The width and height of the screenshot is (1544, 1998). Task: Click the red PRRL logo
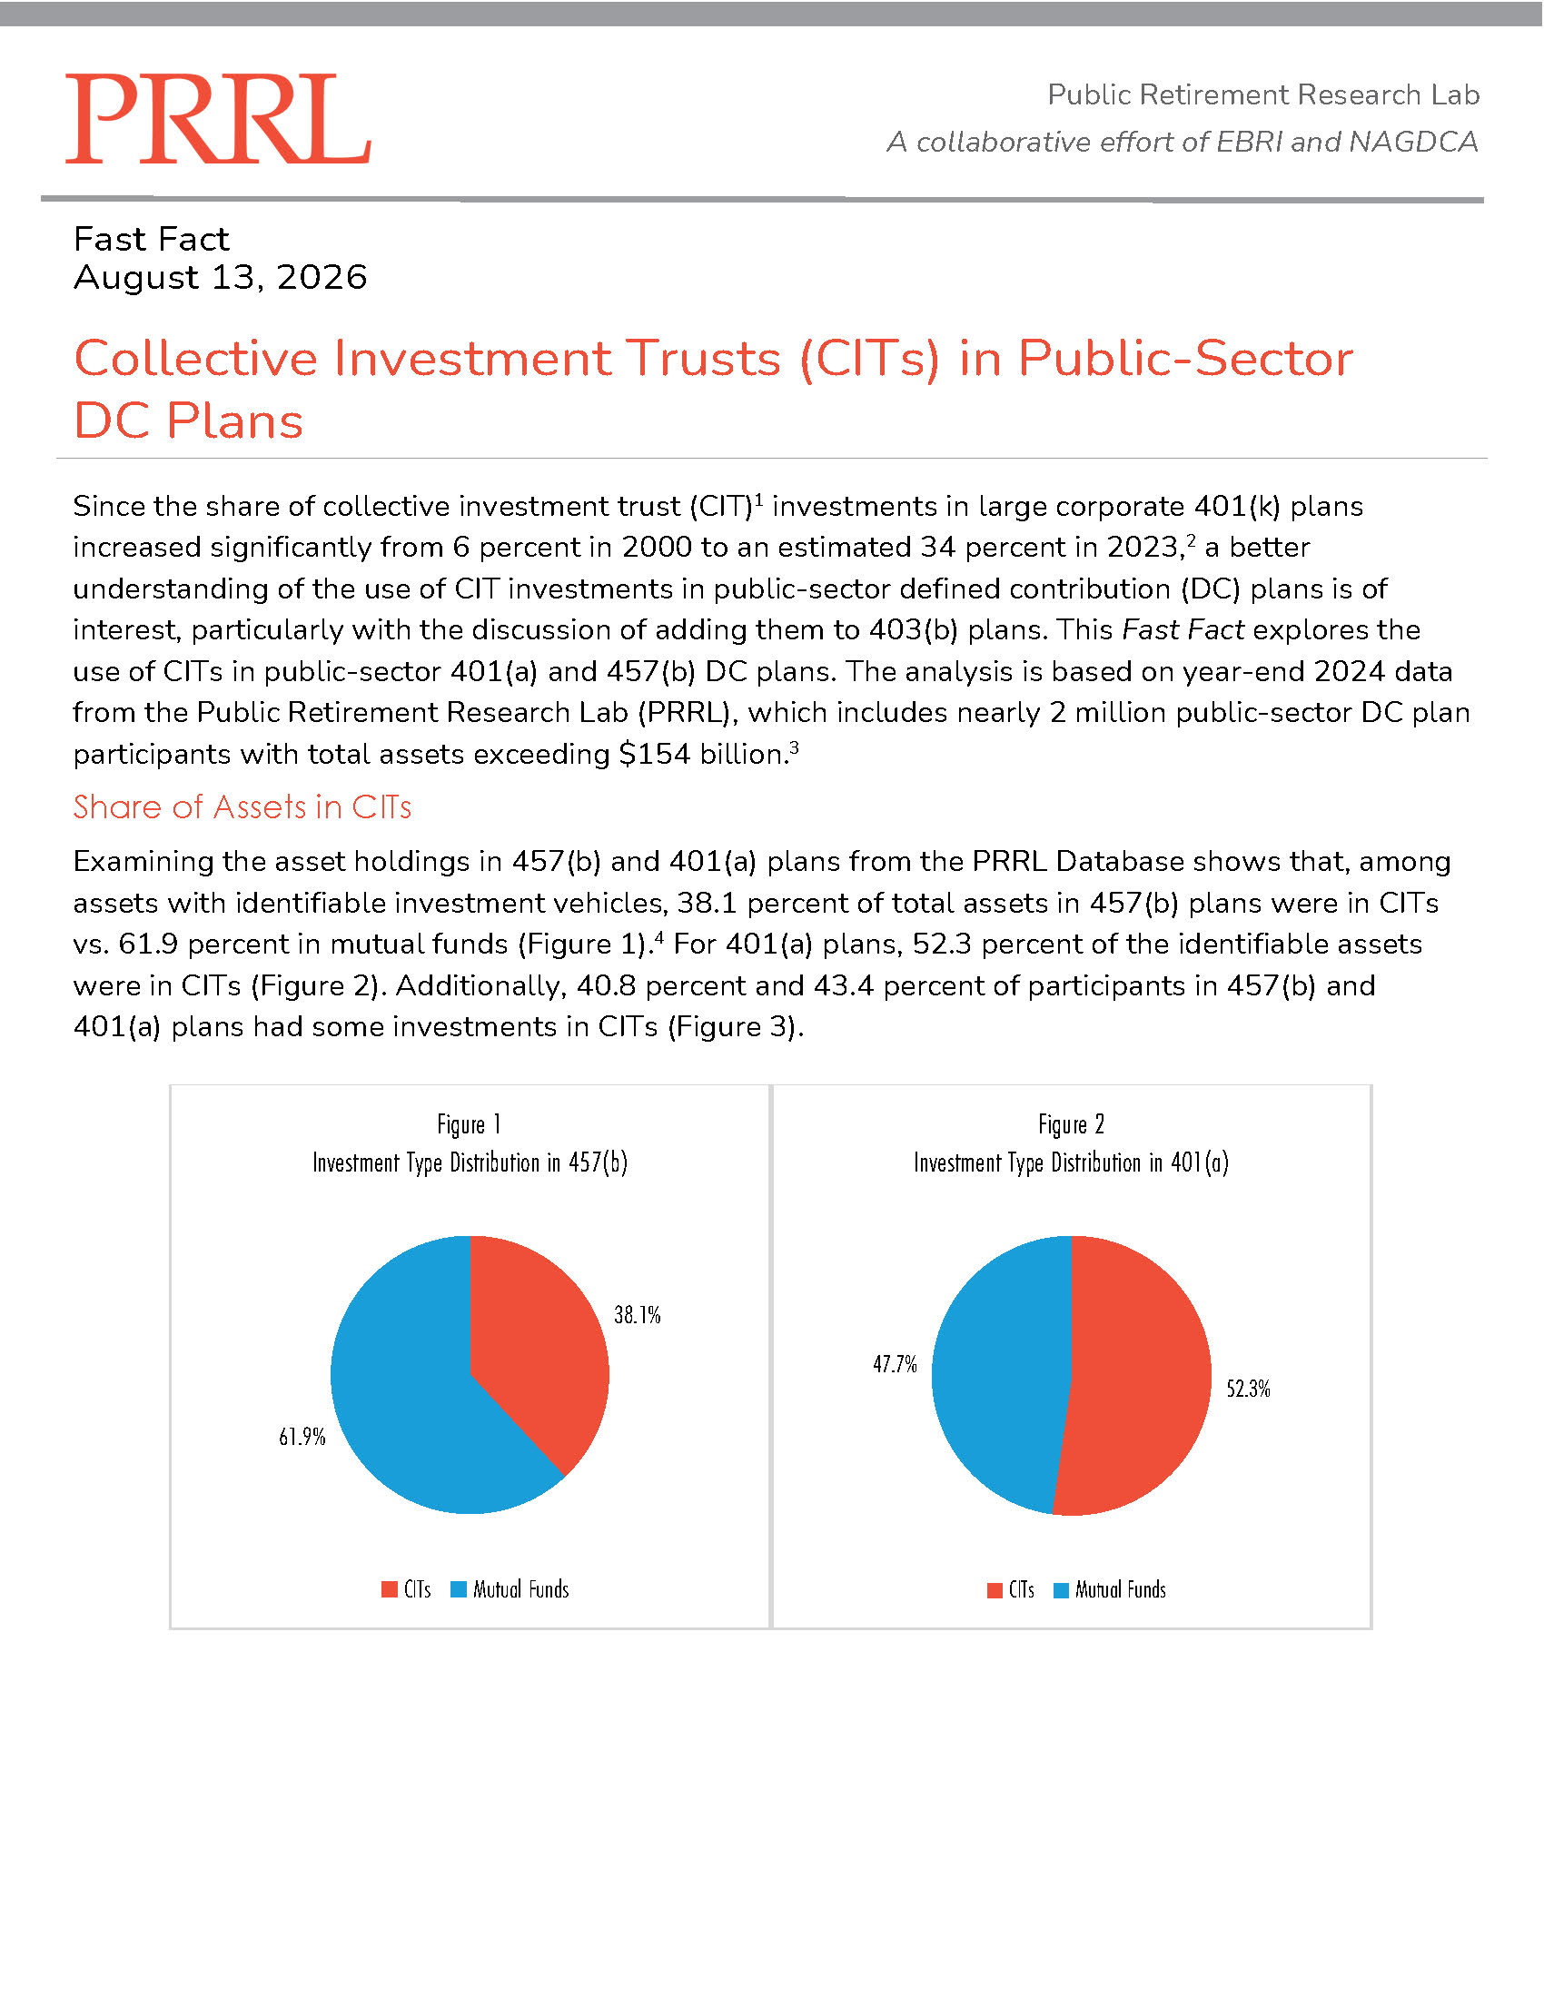pyautogui.click(x=218, y=119)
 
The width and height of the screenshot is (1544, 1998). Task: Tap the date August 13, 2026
pyautogui.click(x=221, y=277)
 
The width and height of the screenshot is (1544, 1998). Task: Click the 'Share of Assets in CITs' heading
pyautogui.click(x=242, y=806)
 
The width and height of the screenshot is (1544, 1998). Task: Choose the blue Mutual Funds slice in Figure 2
pyautogui.click(x=997, y=1372)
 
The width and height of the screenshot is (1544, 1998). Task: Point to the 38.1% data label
pyautogui.click(x=637, y=1316)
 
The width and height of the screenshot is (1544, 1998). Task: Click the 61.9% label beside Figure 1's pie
pyautogui.click(x=302, y=1438)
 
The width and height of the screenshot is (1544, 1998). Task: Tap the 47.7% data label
pyautogui.click(x=895, y=1365)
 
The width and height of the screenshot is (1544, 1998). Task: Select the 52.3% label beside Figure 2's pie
pyautogui.click(x=1248, y=1390)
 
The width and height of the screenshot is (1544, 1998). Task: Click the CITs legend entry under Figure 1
pyautogui.click(x=406, y=1589)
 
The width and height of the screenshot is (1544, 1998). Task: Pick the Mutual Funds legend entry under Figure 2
pyautogui.click(x=1110, y=1590)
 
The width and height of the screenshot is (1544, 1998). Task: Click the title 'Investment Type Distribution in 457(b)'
pyautogui.click(x=470, y=1162)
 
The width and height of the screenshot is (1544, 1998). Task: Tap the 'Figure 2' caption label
pyautogui.click(x=1071, y=1123)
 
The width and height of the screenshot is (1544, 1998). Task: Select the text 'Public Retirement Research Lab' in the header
pyautogui.click(x=1263, y=94)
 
